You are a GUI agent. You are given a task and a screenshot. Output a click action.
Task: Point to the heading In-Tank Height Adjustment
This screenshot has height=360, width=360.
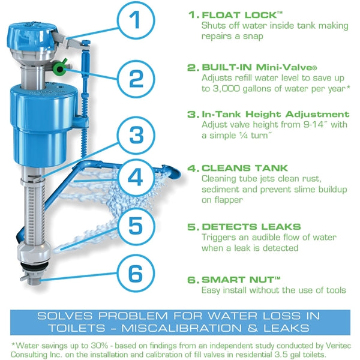point(275,114)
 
